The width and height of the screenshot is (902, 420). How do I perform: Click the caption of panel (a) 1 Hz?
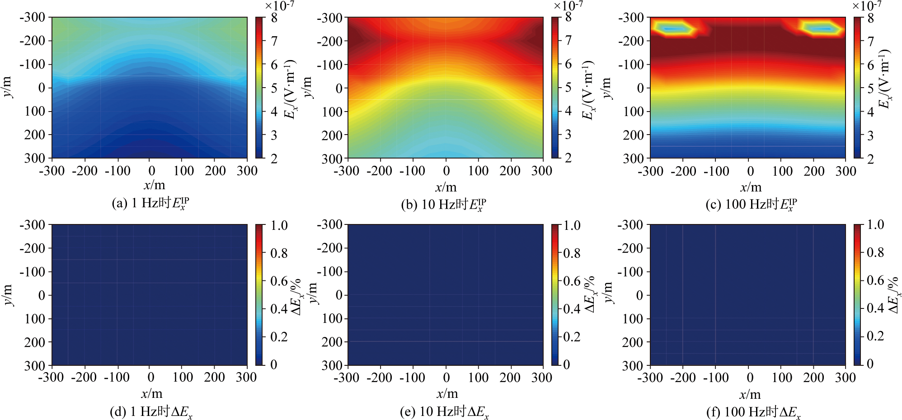pos(150,203)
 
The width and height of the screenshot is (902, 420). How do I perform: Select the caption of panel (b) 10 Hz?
pos(444,205)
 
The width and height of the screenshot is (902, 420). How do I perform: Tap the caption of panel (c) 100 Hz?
pos(751,205)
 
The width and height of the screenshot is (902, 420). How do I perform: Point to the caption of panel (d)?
pos(151,412)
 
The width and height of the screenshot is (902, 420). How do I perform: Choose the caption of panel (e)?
pos(444,412)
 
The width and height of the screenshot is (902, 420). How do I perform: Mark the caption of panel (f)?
pos(753,412)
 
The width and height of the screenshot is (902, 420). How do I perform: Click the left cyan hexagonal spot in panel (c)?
pos(673,29)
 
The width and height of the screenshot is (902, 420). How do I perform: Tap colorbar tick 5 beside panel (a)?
pos(274,88)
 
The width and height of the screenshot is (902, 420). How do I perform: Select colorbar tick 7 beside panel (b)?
pos(568,41)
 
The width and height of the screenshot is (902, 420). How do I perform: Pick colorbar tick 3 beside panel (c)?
pos(870,135)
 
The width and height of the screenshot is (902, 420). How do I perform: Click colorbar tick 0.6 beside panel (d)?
pos(279,281)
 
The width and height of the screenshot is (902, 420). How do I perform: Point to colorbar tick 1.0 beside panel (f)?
pos(875,225)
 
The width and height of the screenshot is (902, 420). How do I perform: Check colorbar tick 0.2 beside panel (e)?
pos(572,337)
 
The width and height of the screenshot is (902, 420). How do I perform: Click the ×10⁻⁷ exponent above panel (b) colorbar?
pos(568,5)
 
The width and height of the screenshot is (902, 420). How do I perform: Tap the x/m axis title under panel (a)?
pos(154,185)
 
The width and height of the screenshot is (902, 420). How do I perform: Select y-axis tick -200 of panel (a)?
pos(33,41)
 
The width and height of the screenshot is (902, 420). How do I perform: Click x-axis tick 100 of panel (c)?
pos(782,171)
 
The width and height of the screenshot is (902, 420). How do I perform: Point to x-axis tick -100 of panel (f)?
pos(716,378)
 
